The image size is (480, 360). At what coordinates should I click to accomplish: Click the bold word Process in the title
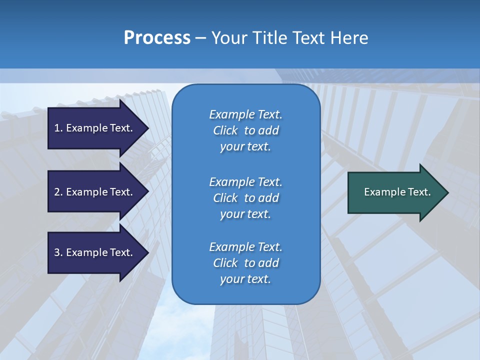pyautogui.click(x=157, y=38)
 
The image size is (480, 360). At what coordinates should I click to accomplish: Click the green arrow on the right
pyautogui.click(x=395, y=192)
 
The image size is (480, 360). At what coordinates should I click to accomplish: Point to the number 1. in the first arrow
pyautogui.click(x=58, y=128)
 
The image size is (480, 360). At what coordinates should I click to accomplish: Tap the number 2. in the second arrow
pyautogui.click(x=58, y=192)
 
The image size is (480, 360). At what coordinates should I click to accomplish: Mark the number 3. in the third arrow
pyautogui.click(x=58, y=252)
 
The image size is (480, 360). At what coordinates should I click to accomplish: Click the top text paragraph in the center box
pyautogui.click(x=245, y=130)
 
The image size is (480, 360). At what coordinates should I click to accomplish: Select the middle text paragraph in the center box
pyautogui.click(x=245, y=198)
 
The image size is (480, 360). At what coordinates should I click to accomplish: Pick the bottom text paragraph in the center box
pyautogui.click(x=245, y=263)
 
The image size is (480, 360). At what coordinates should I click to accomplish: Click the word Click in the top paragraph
pyautogui.click(x=225, y=130)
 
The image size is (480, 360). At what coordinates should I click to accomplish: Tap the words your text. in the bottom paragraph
pyautogui.click(x=245, y=279)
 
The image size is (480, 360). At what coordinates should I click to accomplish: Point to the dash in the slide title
pyautogui.click(x=201, y=38)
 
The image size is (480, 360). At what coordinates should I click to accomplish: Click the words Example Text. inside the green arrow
pyautogui.click(x=397, y=192)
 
